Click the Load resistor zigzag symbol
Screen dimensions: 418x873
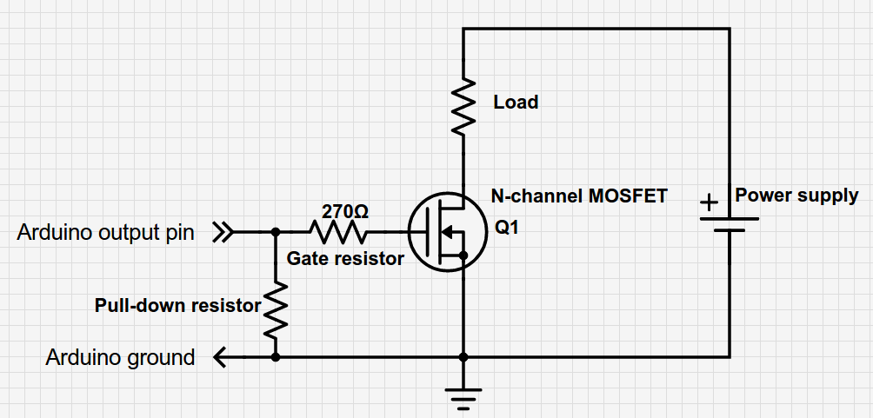(463, 105)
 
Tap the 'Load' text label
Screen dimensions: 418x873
(516, 103)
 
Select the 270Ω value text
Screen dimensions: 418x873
(345, 211)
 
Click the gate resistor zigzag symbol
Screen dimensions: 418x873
(337, 232)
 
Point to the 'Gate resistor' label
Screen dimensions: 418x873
(345, 258)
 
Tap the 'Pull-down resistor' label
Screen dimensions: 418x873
(177, 306)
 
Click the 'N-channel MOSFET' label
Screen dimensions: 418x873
(578, 196)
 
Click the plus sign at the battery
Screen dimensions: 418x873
(710, 203)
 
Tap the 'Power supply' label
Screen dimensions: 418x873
(796, 196)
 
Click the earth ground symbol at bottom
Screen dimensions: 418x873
(463, 398)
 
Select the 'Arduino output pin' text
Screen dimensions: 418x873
(105, 233)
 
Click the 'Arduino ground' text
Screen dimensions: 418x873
(120, 357)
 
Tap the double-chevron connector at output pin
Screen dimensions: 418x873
(223, 232)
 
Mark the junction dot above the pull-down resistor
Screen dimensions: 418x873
(276, 232)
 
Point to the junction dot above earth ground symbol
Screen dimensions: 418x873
(463, 356)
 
